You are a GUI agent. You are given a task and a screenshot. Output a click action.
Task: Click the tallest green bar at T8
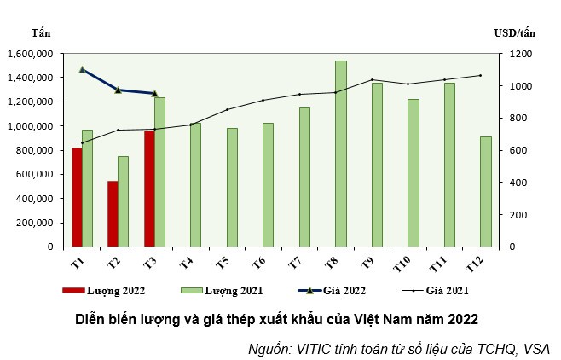point(340,154)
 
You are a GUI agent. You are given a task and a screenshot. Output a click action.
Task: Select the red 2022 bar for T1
point(77,197)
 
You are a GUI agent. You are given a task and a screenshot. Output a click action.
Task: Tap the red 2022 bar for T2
point(113,213)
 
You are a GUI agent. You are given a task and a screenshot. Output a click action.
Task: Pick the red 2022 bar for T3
point(149,189)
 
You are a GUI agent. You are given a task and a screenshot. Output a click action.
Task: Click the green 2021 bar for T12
point(486,191)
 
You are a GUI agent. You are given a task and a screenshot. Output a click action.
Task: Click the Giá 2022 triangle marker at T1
point(83,69)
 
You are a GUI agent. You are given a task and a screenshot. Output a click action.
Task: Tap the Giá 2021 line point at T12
point(480,75)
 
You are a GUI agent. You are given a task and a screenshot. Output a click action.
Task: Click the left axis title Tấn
point(40,32)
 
